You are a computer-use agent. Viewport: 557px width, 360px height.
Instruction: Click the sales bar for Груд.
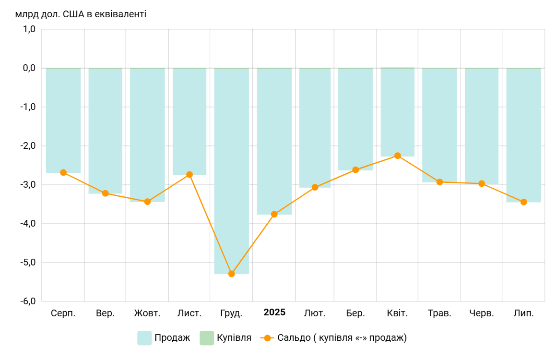231,170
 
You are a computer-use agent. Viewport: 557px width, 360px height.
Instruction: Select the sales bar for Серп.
63,120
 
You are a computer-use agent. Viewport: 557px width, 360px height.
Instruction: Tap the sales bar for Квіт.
397,112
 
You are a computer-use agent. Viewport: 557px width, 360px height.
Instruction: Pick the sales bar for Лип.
523,135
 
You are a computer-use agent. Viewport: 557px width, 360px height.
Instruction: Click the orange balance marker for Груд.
231,274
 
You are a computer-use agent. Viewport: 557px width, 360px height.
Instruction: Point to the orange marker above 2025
274,214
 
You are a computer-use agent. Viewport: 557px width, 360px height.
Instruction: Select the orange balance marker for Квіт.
397,156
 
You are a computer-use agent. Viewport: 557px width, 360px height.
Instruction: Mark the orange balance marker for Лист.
190,175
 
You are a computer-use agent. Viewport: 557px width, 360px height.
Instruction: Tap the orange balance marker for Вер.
106,193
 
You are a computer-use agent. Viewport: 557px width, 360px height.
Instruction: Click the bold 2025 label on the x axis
274,312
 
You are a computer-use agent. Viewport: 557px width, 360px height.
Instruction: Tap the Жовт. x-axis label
147,313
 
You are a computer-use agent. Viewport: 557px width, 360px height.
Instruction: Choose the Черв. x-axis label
482,313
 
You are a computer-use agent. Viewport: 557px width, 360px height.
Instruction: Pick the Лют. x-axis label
315,313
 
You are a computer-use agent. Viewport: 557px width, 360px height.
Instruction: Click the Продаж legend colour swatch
144,338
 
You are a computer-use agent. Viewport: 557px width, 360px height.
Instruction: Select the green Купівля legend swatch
206,338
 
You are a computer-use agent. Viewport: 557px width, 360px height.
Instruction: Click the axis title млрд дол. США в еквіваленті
81,14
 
